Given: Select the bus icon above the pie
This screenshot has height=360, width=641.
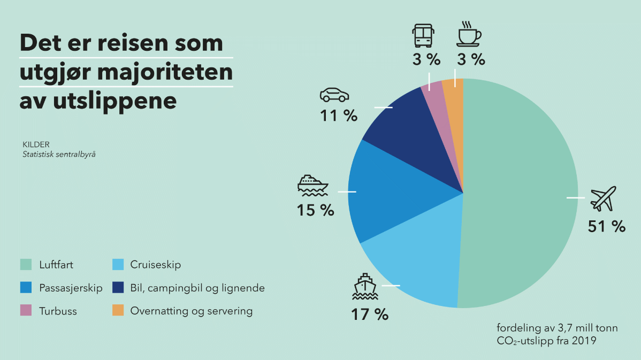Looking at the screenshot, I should [x=423, y=35].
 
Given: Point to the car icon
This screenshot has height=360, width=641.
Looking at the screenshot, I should [x=334, y=95].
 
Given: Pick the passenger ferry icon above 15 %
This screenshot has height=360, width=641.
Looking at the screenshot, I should [x=312, y=184].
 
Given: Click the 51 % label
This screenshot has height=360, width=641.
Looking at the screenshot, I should [x=606, y=226].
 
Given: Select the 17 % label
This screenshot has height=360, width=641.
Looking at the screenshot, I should [x=369, y=314].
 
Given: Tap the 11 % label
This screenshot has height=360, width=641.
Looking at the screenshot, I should [x=338, y=115].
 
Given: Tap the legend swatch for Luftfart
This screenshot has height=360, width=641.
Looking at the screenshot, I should [x=26, y=264].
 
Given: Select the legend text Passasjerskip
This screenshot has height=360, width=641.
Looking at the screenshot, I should [x=71, y=288].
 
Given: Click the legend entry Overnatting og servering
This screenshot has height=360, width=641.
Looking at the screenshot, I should [x=191, y=311].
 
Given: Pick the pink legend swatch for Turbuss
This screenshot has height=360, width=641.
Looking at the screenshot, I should [x=26, y=311].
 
